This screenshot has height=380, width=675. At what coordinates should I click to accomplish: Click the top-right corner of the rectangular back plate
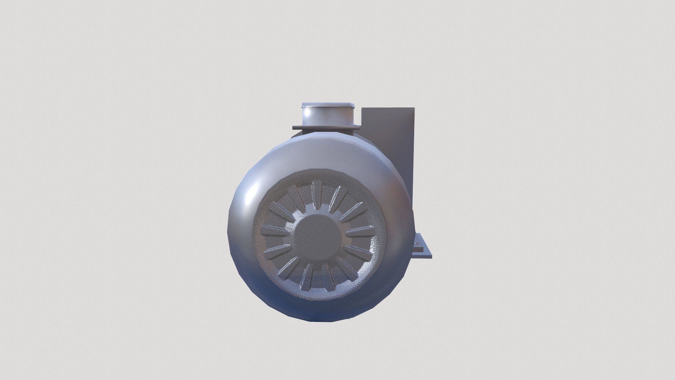(x=415, y=108)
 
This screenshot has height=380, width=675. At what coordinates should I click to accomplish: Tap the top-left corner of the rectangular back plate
(x=362, y=108)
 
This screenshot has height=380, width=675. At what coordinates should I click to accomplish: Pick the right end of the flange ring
(x=359, y=127)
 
